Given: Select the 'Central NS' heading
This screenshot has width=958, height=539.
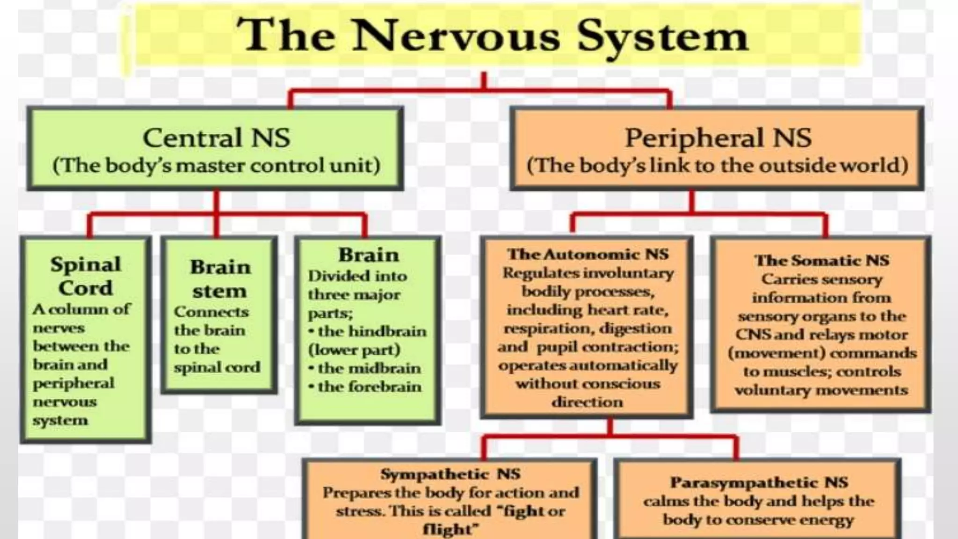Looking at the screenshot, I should point(216,138).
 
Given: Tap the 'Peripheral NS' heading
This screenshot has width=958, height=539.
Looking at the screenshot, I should point(718,138).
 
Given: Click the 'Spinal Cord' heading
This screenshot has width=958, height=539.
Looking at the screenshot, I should point(86,276).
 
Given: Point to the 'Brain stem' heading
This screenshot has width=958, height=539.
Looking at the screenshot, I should point(220,279).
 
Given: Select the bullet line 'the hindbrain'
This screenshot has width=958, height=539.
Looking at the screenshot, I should point(371,331).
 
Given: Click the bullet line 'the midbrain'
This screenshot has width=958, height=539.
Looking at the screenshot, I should point(369,368).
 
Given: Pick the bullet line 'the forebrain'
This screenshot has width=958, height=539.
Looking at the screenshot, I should point(369,387).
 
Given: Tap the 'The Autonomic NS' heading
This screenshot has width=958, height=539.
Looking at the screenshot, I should point(588,254).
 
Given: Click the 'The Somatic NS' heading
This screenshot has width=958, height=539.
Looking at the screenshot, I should point(821,260).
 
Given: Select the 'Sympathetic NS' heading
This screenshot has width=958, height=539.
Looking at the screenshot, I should point(450,474).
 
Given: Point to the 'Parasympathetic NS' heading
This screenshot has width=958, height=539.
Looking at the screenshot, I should point(758,482).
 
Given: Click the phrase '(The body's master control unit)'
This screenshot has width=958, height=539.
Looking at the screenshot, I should point(216,166).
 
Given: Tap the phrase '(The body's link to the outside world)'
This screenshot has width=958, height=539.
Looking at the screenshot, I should point(718,166).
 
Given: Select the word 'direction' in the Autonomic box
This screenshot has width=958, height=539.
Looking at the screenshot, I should point(588,402).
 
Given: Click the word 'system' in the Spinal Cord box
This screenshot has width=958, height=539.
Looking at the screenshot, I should point(60,420).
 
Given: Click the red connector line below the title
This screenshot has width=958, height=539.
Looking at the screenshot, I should point(484,91).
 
